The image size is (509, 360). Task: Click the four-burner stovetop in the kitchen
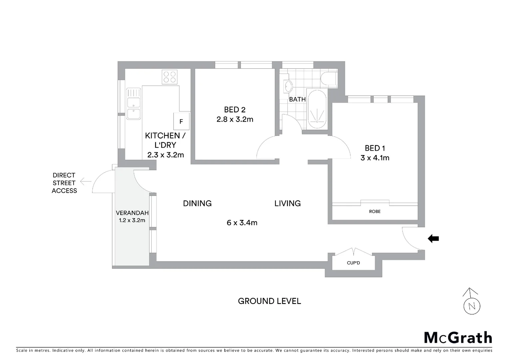170,77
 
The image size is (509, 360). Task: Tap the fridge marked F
181,122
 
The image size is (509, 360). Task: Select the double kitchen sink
133,104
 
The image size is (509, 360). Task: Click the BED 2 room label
235,110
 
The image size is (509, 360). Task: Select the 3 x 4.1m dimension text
375,158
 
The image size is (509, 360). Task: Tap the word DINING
197,203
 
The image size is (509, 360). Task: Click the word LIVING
287,203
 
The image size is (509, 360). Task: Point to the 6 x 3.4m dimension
242,223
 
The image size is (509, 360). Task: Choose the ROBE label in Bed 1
375,212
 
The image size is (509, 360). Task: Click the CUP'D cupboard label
353,263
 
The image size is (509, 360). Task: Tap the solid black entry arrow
433,239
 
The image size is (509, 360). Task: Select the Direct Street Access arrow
86,182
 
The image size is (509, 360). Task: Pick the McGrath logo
458,338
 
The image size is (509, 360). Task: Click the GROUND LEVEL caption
269,301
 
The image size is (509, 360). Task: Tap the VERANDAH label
132,213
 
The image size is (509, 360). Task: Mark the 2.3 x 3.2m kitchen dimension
166,155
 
